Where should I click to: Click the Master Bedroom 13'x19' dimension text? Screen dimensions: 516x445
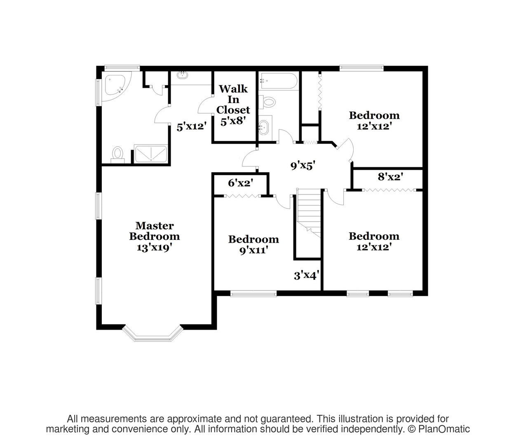[155, 248]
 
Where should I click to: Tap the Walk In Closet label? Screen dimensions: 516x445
[233, 99]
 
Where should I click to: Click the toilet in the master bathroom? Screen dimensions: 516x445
[117, 155]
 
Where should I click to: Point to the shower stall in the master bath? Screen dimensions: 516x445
[151, 154]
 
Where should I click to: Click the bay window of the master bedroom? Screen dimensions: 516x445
[153, 333]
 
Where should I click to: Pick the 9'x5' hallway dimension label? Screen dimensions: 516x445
[303, 166]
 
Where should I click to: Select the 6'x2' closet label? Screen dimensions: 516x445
[241, 183]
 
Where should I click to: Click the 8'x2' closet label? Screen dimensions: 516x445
[390, 177]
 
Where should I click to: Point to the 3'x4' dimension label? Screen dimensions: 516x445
[307, 276]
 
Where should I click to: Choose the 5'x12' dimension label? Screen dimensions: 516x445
[192, 126]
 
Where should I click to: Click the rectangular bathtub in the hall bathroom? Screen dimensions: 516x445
[278, 81]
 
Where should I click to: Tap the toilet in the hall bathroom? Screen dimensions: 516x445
[267, 102]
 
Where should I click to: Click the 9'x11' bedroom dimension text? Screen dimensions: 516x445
[254, 250]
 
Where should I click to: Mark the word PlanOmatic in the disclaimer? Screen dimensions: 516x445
[444, 429]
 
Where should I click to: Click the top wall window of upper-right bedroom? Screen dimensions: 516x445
[361, 67]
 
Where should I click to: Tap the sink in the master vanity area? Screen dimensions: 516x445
[183, 75]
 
